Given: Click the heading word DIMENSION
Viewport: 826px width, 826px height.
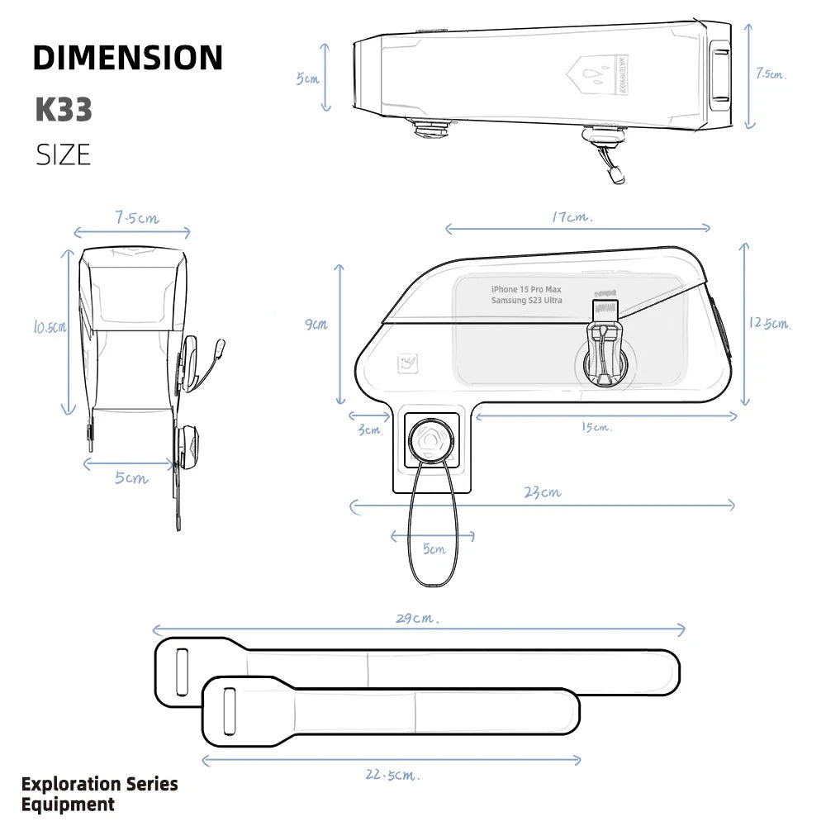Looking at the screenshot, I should [128, 58].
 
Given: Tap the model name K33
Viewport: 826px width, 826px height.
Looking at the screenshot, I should [64, 110].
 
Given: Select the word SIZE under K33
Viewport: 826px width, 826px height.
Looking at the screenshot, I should [63, 154].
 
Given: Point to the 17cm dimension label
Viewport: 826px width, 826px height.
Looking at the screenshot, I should [572, 217].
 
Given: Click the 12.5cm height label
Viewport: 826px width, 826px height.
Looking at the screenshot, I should [770, 323].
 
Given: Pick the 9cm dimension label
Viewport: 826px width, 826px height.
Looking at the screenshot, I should [316, 325].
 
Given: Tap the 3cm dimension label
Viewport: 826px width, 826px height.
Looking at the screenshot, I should [369, 430].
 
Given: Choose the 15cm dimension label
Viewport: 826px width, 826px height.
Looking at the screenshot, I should [596, 427].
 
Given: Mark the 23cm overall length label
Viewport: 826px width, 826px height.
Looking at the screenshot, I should [543, 492].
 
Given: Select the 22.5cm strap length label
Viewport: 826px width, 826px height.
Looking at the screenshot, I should [392, 775].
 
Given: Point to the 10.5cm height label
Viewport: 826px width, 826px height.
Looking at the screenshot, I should [50, 327].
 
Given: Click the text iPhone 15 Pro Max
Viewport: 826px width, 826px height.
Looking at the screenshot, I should [525, 289].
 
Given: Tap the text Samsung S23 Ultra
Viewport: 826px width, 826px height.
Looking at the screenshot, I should [526, 301].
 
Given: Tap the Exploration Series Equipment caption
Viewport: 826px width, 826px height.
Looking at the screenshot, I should [99, 794].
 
